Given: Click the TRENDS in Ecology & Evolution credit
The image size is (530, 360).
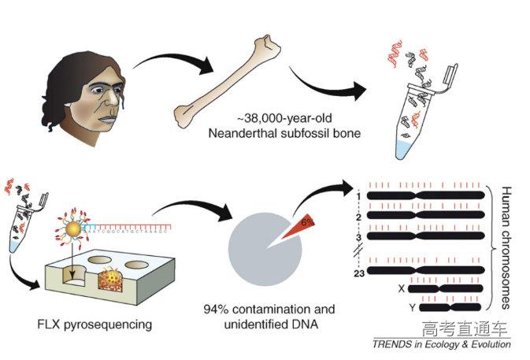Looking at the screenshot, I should [441, 344].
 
